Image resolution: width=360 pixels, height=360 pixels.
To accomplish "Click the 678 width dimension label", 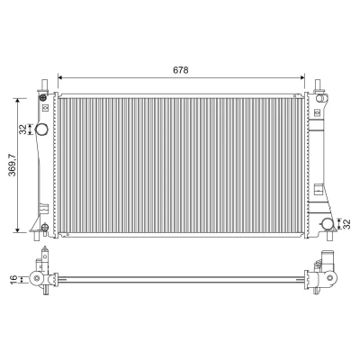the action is [181, 70].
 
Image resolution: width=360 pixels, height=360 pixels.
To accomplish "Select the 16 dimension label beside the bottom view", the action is [14, 280].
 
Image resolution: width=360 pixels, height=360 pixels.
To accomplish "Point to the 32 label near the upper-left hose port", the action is [22, 130].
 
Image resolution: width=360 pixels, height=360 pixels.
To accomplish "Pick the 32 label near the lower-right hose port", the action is [346, 224].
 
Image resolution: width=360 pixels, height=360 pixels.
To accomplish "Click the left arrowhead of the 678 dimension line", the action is [59, 77].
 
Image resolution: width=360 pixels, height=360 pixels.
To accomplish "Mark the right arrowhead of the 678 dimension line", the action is [302, 77].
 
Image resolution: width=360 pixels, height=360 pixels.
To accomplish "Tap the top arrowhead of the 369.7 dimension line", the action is [18, 101].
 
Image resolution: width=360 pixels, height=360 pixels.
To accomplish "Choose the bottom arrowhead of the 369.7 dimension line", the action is [18, 229].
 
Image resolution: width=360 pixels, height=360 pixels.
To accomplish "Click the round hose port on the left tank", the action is [41, 130].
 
